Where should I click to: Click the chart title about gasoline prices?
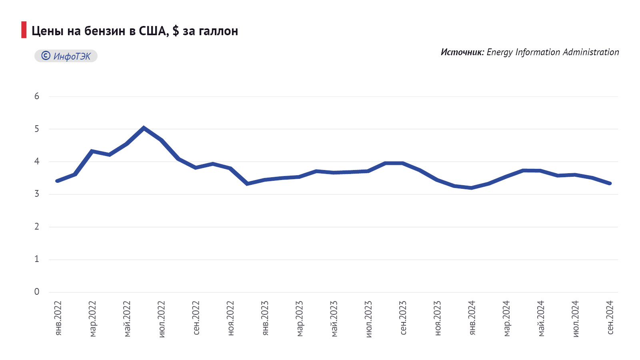[x=134, y=31]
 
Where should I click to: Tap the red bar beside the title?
[x=24, y=30]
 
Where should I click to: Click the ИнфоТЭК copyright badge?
[x=66, y=56]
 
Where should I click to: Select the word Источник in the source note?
[x=462, y=52]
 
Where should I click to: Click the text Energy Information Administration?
[x=552, y=52]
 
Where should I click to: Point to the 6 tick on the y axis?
[x=37, y=96]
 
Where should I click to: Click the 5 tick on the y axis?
[x=37, y=129]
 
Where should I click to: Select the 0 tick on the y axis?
[x=37, y=292]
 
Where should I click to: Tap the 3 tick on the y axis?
[x=37, y=194]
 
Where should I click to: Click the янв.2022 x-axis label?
[x=58, y=318]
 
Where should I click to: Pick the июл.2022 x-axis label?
[x=162, y=319]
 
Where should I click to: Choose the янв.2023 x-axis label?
[x=265, y=318]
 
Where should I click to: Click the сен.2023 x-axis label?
[x=403, y=318]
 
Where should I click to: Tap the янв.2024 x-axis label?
[x=472, y=318]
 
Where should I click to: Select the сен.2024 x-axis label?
[x=610, y=318]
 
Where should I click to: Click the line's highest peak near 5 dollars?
[x=144, y=128]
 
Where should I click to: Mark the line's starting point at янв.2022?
[x=58, y=181]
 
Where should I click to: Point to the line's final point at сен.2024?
[x=610, y=183]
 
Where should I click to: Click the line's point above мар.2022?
[x=92, y=151]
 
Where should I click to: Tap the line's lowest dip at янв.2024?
[x=472, y=188]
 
